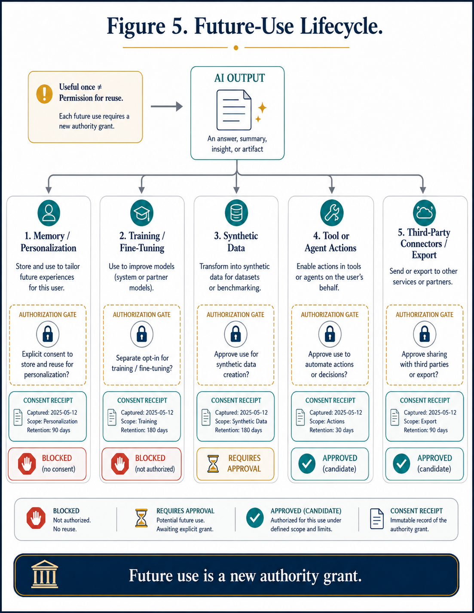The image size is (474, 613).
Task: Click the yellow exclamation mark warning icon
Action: coord(44,94)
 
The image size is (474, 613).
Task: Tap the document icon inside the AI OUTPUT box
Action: coord(234,110)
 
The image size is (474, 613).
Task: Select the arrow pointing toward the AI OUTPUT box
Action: coord(167,106)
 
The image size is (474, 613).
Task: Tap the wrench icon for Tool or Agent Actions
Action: coord(332,213)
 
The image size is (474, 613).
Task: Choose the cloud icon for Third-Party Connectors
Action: coord(425,213)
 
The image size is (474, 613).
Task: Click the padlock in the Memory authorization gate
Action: coord(48,334)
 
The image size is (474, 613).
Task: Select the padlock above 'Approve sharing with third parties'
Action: coord(425,334)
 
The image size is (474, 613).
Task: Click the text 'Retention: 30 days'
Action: coord(332,430)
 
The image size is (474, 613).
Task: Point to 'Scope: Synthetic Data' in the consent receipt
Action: coord(241,421)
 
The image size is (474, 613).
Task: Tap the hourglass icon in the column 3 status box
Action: coord(213,463)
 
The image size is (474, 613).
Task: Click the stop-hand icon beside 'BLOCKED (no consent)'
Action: coord(27,464)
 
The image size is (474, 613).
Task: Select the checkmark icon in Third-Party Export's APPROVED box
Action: coord(401,463)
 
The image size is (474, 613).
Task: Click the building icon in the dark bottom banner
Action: coord(45,575)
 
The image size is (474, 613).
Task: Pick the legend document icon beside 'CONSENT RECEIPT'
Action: coord(376,519)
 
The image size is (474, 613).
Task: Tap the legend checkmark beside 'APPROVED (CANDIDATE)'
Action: coord(255,518)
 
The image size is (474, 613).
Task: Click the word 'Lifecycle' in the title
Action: coord(342,26)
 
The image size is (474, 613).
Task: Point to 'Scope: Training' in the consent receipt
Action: coord(139,421)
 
